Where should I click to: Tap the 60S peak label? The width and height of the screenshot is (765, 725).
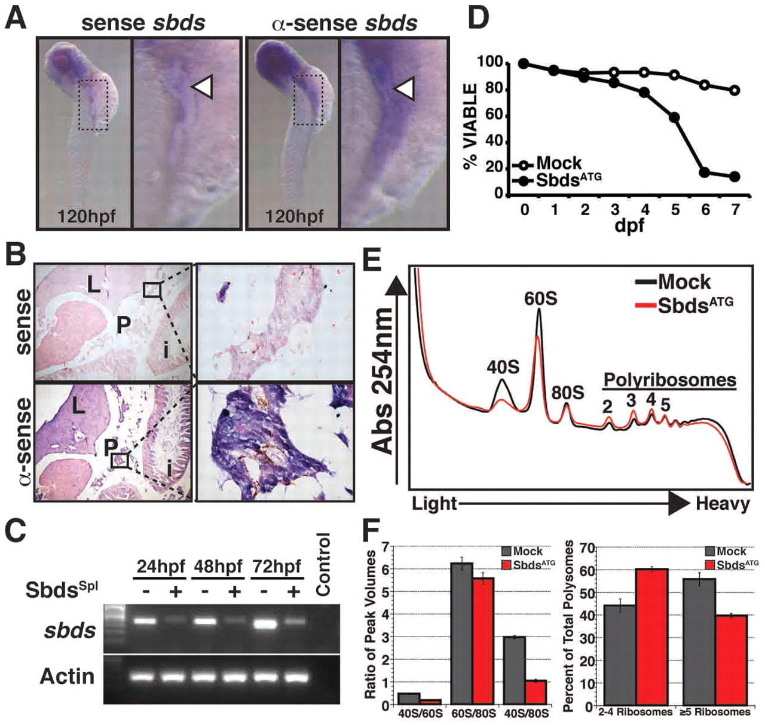click(540, 298)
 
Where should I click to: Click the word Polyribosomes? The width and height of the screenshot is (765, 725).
click(669, 380)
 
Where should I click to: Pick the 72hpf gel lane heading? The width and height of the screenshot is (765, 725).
click(277, 565)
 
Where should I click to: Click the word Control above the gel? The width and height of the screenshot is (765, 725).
click(323, 565)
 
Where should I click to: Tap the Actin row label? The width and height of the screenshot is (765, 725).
click(67, 677)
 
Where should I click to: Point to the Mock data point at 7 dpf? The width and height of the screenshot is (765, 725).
click(735, 90)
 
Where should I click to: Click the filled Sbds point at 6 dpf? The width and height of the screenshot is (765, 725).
click(705, 173)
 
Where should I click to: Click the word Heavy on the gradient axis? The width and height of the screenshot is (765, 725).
click(722, 504)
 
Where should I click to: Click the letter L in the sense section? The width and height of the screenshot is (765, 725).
click(93, 286)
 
